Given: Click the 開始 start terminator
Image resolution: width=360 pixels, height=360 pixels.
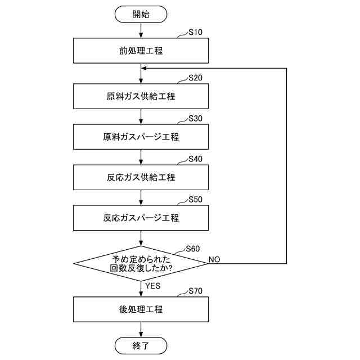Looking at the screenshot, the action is [141, 14].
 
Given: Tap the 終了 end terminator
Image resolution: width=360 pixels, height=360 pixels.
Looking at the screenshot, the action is [141, 345].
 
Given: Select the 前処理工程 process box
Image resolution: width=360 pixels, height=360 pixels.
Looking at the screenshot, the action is [141, 51].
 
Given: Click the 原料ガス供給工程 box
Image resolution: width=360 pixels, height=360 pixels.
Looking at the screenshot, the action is [141, 96].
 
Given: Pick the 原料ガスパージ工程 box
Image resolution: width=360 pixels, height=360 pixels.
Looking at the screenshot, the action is [141, 137].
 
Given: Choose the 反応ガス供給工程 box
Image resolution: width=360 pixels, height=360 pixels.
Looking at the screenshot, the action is [141, 177].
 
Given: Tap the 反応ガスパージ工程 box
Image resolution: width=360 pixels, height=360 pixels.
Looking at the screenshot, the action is [141, 218].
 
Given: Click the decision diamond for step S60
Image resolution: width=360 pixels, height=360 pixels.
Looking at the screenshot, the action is [141, 264].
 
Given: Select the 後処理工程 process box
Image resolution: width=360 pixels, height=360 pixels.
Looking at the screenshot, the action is [141, 309].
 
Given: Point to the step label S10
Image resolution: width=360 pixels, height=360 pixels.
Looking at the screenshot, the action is [195, 32].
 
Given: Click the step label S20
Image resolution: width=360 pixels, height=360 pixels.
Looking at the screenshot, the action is [195, 78].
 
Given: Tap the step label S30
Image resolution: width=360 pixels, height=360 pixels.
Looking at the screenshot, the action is [195, 119].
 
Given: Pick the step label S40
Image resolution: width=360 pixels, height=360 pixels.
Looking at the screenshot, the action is [195, 159].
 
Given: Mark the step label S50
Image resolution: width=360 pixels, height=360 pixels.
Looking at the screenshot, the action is [195, 200].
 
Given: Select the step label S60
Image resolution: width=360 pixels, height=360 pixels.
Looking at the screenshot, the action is [193, 249].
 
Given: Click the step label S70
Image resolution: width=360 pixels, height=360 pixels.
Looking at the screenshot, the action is [195, 291].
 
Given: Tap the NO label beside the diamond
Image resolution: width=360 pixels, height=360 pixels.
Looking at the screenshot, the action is [214, 259].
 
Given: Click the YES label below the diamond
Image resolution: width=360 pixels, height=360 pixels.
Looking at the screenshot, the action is [152, 286].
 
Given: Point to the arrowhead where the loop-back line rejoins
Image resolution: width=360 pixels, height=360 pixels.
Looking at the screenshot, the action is [144, 69].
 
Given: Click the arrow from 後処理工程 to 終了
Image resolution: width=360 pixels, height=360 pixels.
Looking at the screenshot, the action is [141, 330].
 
